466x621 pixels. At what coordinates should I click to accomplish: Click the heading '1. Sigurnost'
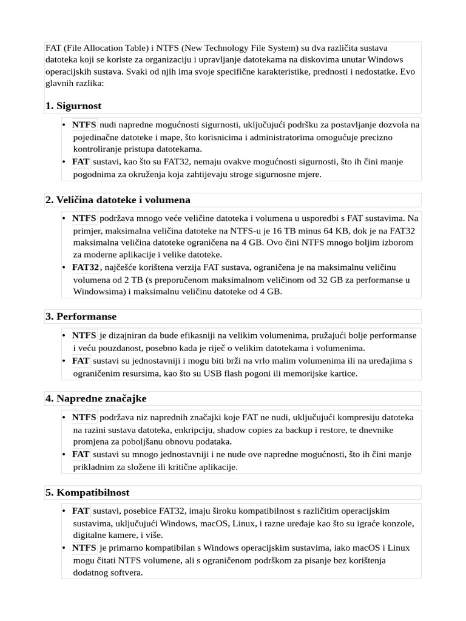click(x=73, y=106)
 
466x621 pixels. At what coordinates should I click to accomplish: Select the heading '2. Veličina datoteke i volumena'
click(x=118, y=200)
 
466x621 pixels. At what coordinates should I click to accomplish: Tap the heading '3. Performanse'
click(x=81, y=317)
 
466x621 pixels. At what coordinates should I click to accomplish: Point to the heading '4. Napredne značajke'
click(x=96, y=398)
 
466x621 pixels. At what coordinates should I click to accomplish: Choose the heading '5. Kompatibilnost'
click(x=87, y=492)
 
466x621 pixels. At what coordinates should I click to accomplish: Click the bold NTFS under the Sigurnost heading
click(x=84, y=125)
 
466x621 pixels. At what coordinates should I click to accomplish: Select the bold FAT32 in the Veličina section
click(x=86, y=267)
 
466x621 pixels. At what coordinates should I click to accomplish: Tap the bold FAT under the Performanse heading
click(x=81, y=361)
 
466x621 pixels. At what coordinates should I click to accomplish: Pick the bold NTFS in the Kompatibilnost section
click(x=84, y=548)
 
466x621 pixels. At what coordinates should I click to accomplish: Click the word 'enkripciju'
click(x=174, y=429)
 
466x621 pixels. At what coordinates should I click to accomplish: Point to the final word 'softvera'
click(x=126, y=572)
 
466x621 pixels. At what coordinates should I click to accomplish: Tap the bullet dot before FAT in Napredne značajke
click(x=65, y=454)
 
